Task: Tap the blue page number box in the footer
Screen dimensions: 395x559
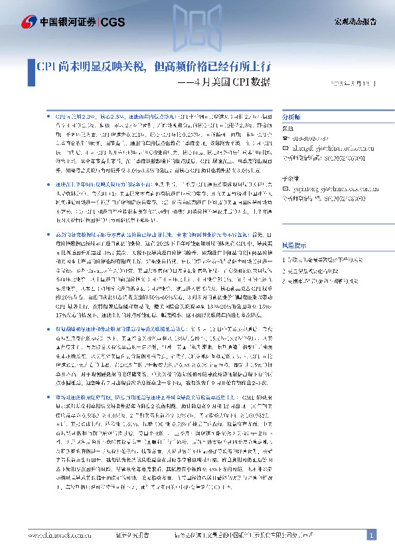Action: (372, 535)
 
